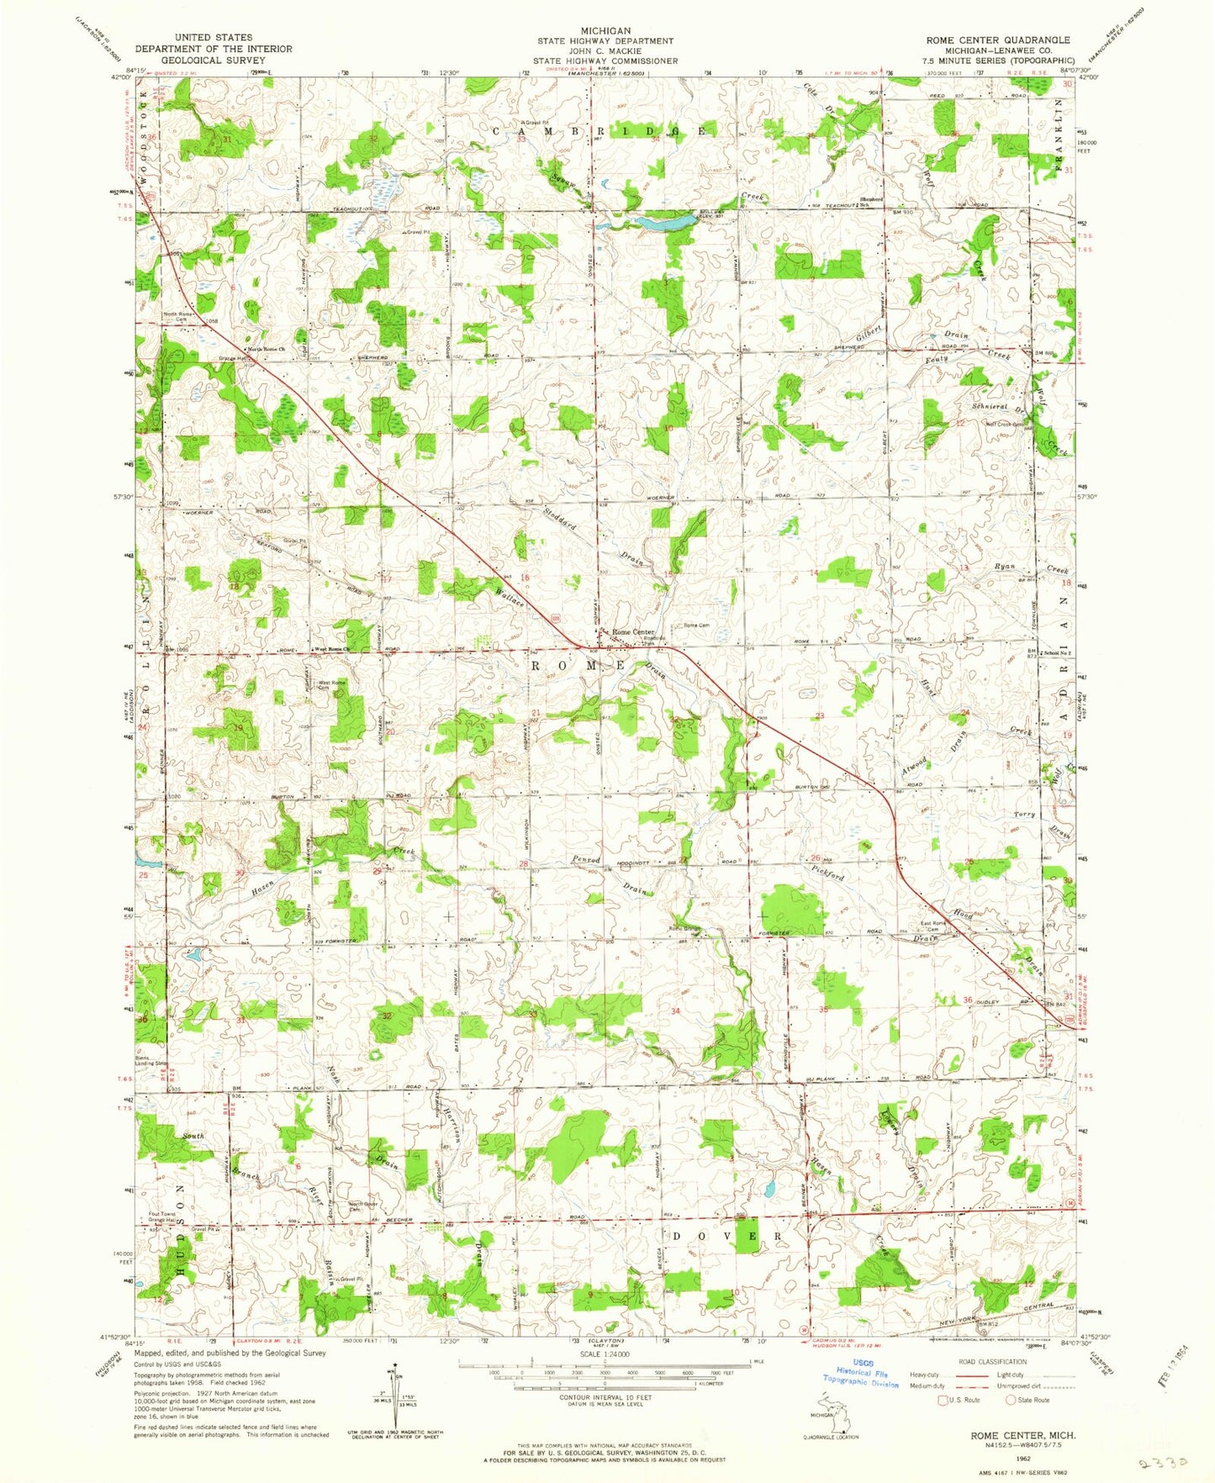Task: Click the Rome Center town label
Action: tap(633, 632)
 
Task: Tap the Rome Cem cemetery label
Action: tap(696, 625)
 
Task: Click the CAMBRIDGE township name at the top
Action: tap(600, 131)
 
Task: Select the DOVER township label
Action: tap(729, 1236)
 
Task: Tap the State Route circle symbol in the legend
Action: tap(1012, 1400)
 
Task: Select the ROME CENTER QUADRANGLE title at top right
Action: tap(997, 40)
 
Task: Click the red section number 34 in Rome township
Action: tap(675, 1011)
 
